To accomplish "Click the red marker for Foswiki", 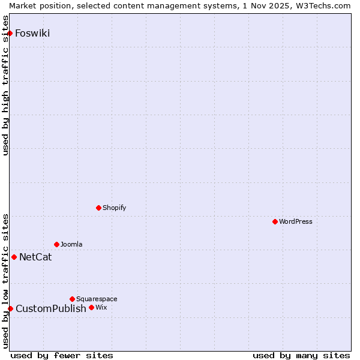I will [x=10, y=33].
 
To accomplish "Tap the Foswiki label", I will [x=32, y=33].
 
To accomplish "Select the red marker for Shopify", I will [x=99, y=208].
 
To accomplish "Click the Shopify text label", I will [x=114, y=208].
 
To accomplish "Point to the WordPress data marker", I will [x=275, y=221].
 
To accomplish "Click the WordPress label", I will [x=296, y=221].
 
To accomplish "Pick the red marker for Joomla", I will [x=57, y=244].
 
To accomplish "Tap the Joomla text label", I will [x=71, y=244].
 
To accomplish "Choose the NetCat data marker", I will [x=14, y=257].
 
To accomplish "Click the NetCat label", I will [x=35, y=257].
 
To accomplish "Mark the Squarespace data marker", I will [x=73, y=299].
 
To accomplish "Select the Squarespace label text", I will [x=97, y=299].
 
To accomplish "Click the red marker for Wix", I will [x=92, y=307].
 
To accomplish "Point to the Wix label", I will [x=101, y=307].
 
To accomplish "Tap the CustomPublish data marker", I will [x=10, y=308].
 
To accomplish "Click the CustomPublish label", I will [x=51, y=309].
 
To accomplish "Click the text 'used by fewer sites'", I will [x=62, y=355].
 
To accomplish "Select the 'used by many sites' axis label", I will [x=301, y=355].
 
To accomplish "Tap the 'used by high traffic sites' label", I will [x=5, y=86].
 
